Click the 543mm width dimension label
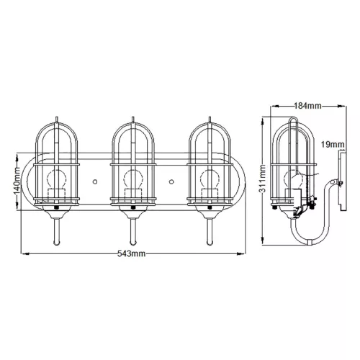pos(131,253)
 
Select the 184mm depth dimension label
pos(307,106)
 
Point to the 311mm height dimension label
pos(264,179)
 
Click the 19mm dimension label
pos(333,145)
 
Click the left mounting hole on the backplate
pos(95,181)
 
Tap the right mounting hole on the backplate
pos(171,181)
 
